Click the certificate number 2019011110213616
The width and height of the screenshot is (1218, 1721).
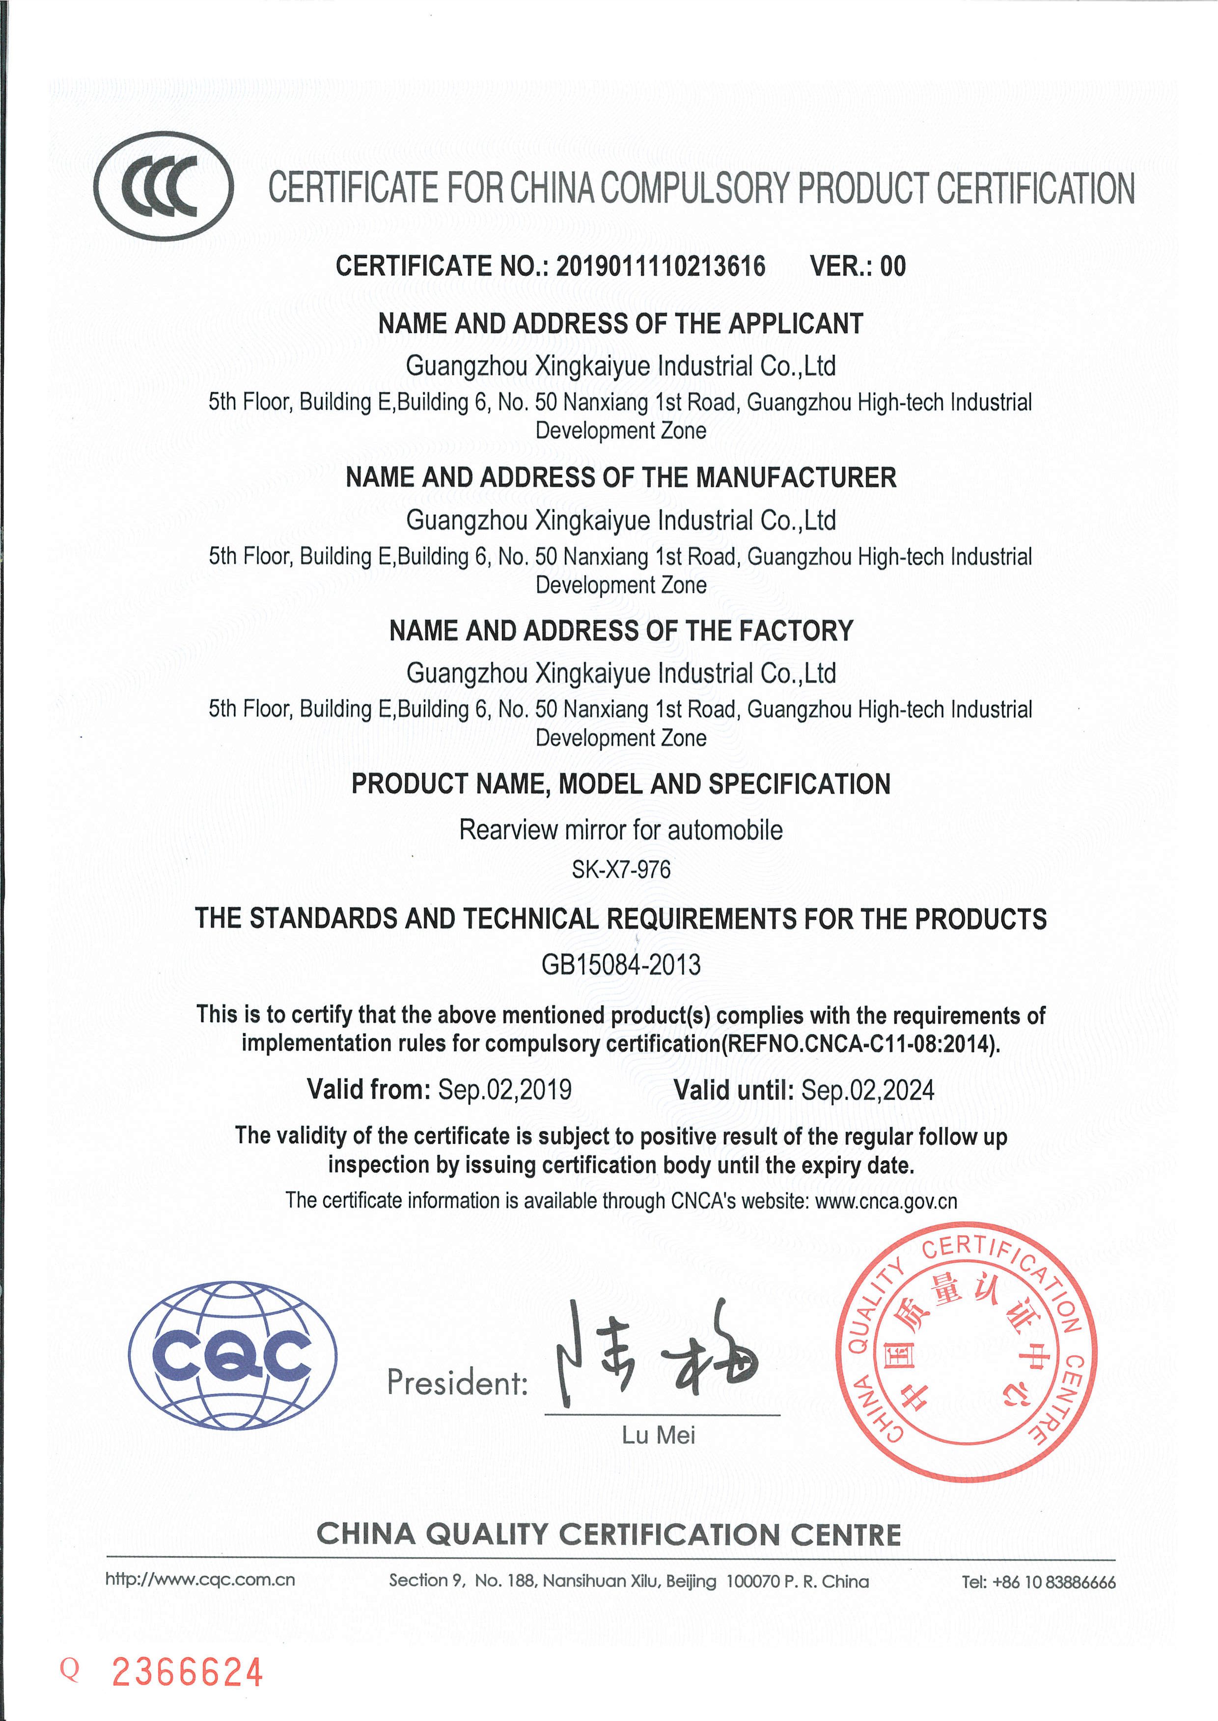tap(660, 266)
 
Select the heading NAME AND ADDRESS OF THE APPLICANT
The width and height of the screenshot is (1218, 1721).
tap(620, 324)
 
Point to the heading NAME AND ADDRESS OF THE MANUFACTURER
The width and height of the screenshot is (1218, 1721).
tap(620, 477)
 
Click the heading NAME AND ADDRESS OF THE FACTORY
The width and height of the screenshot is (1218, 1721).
tap(620, 631)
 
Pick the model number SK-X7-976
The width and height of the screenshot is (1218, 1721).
tap(620, 870)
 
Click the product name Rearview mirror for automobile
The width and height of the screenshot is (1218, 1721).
tap(620, 830)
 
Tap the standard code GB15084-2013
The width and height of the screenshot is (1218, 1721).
tap(620, 964)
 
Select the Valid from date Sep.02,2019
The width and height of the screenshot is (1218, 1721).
tap(505, 1089)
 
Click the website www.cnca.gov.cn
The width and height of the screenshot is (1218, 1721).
tap(886, 1201)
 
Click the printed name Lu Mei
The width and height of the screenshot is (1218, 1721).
tap(658, 1435)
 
